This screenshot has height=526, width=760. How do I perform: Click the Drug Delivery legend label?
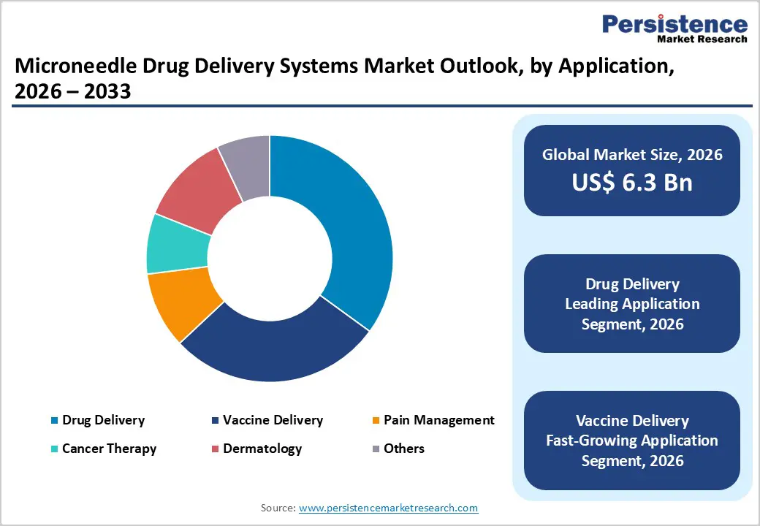tap(103, 420)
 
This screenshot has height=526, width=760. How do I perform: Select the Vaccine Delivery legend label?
tap(273, 420)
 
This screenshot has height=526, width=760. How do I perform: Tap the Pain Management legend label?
tap(438, 420)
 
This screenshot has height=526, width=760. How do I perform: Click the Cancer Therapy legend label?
tap(109, 449)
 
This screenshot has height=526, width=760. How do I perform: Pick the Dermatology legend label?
tap(262, 449)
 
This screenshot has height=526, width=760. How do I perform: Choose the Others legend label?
tap(403, 449)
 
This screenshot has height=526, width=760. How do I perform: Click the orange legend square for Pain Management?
tap(376, 421)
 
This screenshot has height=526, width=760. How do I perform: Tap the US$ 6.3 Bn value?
tap(632, 183)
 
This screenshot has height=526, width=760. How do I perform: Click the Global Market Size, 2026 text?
tap(632, 154)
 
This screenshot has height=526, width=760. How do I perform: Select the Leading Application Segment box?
tap(632, 304)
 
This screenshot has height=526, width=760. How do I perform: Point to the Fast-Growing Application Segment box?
tap(632, 441)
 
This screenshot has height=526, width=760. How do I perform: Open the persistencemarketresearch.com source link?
tap(388, 508)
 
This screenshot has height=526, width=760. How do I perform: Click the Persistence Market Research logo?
tap(674, 29)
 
